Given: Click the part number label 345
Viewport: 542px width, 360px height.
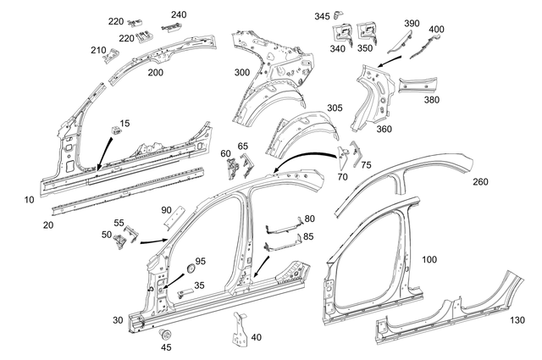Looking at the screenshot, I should click(323, 16).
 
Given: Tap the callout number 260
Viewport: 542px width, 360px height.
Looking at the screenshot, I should click(481, 181).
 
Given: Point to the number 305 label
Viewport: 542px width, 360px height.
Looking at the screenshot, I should click(335, 108).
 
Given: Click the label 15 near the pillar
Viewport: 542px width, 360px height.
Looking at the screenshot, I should click(124, 124).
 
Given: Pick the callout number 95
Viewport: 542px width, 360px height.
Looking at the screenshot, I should click(201, 260).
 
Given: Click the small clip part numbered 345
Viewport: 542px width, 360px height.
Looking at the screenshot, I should click(342, 13).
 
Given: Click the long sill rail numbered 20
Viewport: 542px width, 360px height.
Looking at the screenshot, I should click(127, 188).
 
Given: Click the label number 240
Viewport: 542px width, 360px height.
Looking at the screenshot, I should click(180, 14).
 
